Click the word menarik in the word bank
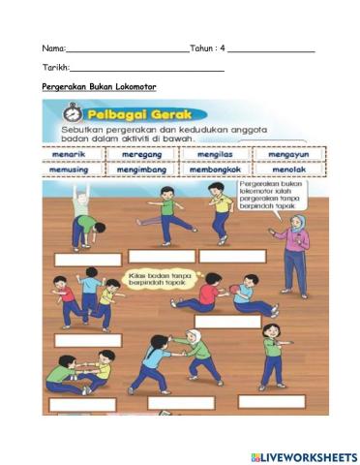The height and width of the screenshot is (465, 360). [x=73, y=153]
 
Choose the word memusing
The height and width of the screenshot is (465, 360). [x=73, y=169]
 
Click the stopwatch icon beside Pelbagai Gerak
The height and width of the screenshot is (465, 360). [x=59, y=111]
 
